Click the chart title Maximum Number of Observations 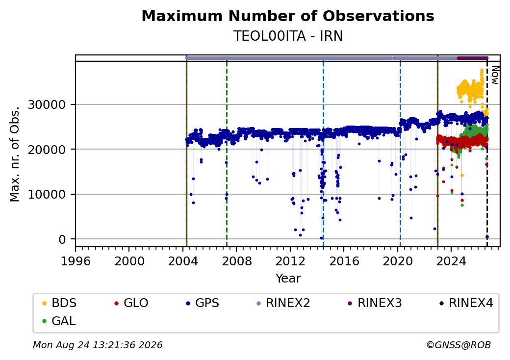(x=288, y=16)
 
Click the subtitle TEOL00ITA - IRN (x=288, y=36)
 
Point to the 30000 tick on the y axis (x=47, y=105)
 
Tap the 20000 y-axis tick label (x=47, y=150)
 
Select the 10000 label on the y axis (x=47, y=195)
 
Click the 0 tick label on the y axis (x=62, y=239)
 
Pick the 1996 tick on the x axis (x=76, y=261)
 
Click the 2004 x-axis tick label (x=183, y=261)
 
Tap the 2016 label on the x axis (x=344, y=261)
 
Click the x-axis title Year (x=288, y=279)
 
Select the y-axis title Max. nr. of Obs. (x=15, y=154)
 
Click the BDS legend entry (x=59, y=303)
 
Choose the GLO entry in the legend (x=131, y=303)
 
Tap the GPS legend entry (x=203, y=303)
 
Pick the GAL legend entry (x=59, y=321)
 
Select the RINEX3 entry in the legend (x=375, y=303)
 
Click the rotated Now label (x=495, y=75)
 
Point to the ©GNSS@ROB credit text (x=459, y=345)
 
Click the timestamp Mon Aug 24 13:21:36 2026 (x=98, y=345)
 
